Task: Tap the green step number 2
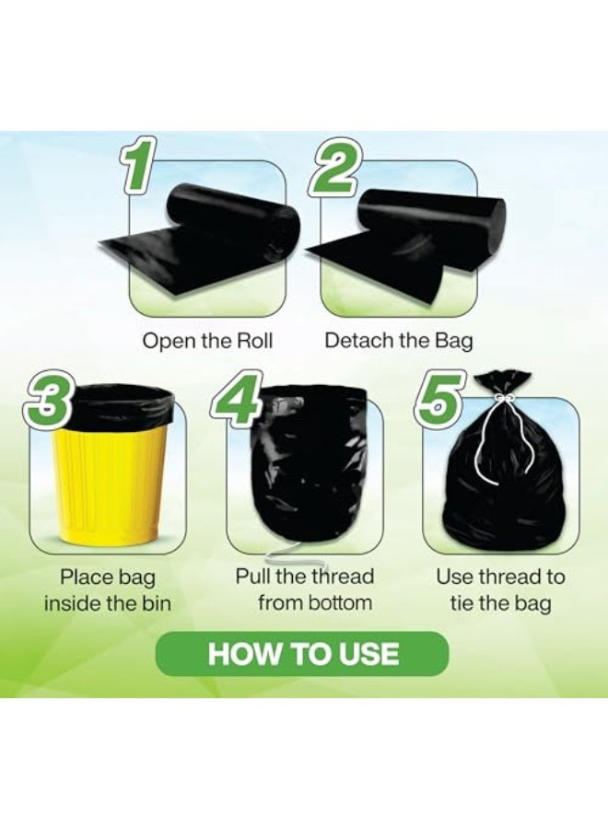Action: point(333,168)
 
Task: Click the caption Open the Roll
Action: point(207,341)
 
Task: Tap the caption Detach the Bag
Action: point(398,341)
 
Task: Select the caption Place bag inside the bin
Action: point(108,590)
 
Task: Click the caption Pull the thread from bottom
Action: point(304,590)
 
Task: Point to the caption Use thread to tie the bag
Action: point(500,590)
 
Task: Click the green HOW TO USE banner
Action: point(303,654)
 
